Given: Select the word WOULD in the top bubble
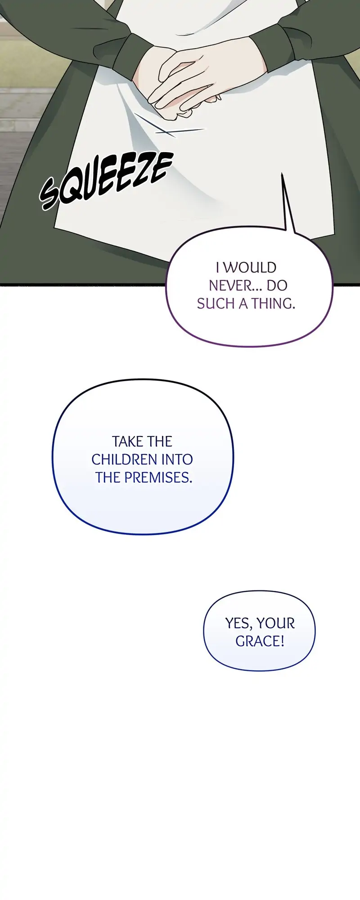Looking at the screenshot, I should click(x=250, y=267).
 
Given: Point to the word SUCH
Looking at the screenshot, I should click(x=216, y=304).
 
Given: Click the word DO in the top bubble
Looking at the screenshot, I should click(x=277, y=285).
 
